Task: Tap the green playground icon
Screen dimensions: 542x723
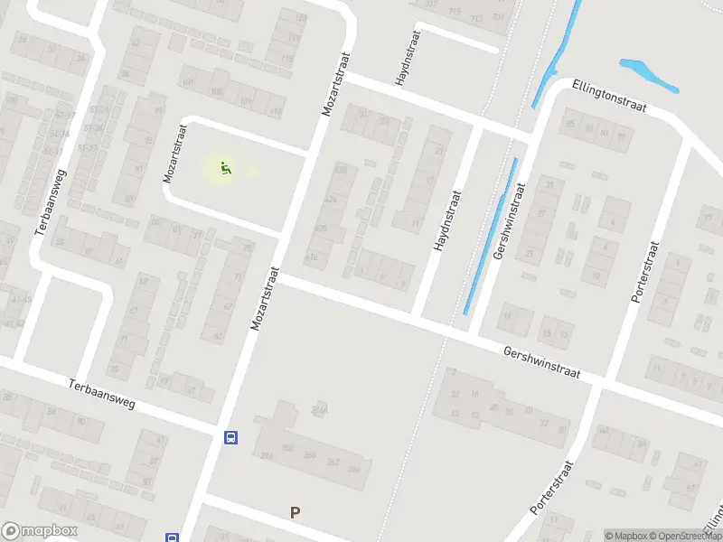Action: coord(224,167)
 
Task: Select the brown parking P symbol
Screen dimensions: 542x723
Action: coord(295,512)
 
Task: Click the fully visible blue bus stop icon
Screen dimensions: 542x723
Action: coord(231,438)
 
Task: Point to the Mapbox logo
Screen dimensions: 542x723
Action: coord(40,531)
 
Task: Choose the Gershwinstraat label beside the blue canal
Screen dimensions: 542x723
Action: coord(510,222)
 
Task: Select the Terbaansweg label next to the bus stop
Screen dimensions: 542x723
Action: coord(101,393)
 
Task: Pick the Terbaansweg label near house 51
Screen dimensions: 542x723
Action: coord(51,202)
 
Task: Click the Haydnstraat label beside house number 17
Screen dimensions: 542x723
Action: coord(446,221)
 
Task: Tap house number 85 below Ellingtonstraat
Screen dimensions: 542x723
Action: coord(569,125)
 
